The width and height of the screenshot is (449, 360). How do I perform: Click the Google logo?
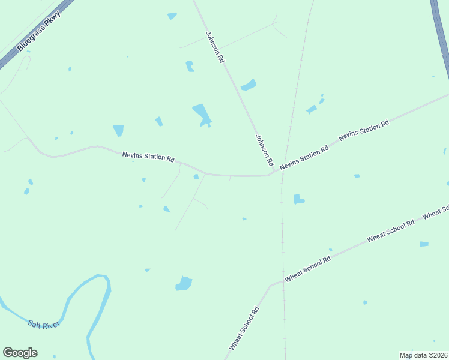point(20,353)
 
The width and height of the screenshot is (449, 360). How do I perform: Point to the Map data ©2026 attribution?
point(423,355)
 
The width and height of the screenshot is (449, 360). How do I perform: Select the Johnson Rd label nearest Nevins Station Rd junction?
point(264,150)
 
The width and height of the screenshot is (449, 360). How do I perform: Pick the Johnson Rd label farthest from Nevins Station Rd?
point(215,47)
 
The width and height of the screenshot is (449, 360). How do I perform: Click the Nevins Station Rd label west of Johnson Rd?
point(148,157)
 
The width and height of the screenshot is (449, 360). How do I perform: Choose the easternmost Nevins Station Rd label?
point(364,130)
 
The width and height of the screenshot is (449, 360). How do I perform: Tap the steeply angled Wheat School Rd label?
point(243,329)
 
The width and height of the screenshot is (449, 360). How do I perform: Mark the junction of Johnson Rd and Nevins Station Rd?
point(275,172)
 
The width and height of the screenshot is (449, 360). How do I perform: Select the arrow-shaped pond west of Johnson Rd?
point(203,115)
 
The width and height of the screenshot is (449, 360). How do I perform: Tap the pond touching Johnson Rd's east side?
point(249,85)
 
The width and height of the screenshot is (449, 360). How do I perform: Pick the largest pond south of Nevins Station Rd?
point(184,283)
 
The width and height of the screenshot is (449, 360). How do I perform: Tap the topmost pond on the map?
point(172,16)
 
